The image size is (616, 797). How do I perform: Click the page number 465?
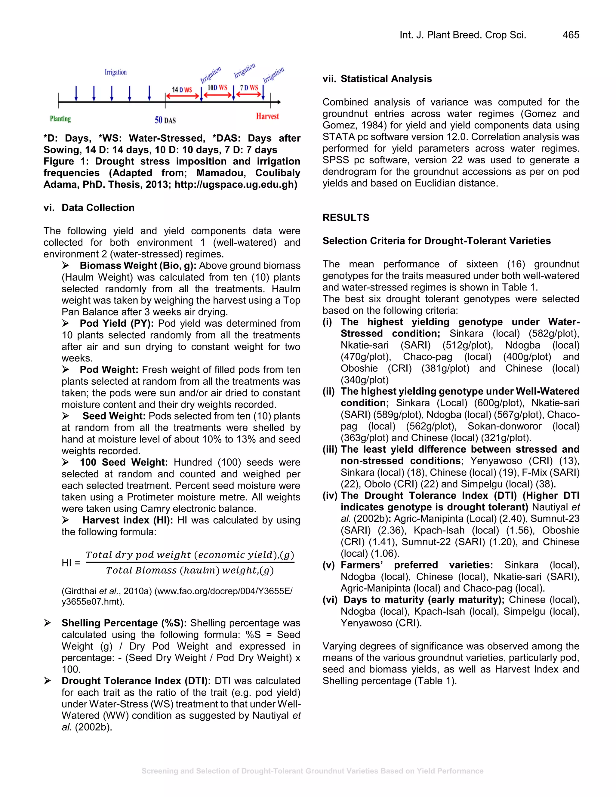click(571, 35)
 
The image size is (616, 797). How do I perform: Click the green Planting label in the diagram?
click(60, 119)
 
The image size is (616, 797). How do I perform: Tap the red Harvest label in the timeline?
click(267, 116)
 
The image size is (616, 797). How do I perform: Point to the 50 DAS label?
click(165, 120)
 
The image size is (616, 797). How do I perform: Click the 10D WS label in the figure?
click(217, 88)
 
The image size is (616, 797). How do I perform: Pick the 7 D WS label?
click(249, 88)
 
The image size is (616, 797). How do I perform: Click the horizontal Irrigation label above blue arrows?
click(116, 72)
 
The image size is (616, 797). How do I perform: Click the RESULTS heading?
click(346, 218)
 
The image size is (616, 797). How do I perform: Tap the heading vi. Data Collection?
click(89, 208)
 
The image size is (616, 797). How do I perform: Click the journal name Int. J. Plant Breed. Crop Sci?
click(463, 35)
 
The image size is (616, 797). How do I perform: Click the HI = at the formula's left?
click(71, 563)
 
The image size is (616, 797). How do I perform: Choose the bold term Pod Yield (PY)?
click(117, 324)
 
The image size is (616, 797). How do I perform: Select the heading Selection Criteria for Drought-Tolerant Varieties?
click(436, 241)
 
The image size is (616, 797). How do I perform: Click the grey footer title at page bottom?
click(313, 771)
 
